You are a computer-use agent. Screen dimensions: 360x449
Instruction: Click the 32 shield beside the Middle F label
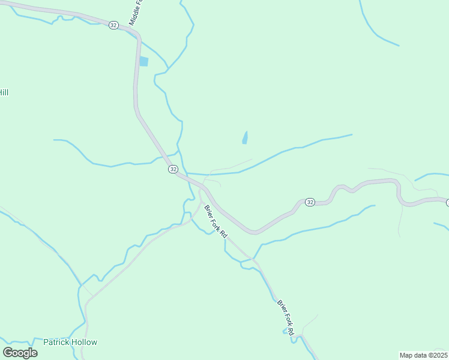click(113, 25)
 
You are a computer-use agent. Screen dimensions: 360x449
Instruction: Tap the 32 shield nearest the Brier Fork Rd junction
click(173, 169)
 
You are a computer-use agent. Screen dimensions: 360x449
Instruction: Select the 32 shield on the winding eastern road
click(310, 202)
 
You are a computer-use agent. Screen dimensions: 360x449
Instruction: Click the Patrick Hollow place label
click(70, 342)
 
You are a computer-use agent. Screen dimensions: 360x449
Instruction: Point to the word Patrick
click(56, 342)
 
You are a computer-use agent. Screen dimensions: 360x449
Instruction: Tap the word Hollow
click(83, 342)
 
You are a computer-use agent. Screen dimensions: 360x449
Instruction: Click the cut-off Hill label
click(4, 92)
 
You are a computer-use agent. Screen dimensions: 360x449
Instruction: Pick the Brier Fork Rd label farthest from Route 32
click(286, 317)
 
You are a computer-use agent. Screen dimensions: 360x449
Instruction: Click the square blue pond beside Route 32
click(143, 61)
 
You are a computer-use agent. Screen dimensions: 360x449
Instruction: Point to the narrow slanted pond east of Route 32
click(245, 138)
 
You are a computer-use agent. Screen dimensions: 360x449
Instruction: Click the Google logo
click(20, 352)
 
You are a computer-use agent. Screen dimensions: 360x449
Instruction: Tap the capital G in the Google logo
click(8, 352)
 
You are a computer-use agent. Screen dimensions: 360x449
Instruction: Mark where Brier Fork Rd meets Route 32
click(202, 188)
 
